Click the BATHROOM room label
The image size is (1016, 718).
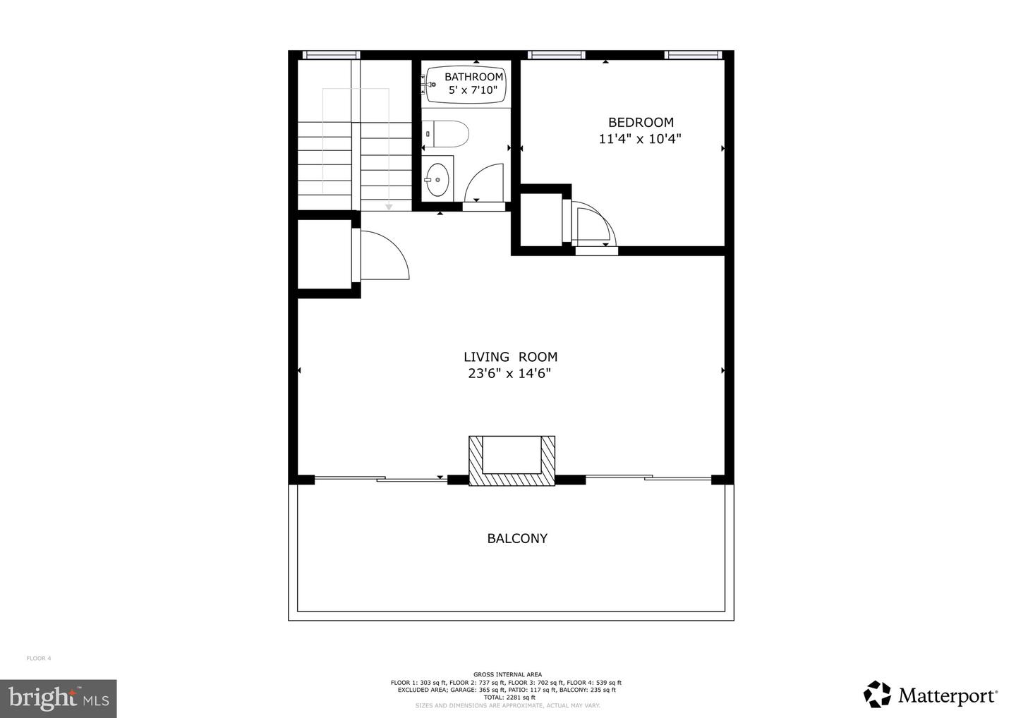(473, 77)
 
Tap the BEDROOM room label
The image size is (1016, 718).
(641, 122)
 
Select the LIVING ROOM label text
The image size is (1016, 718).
(510, 357)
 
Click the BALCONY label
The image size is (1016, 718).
(517, 539)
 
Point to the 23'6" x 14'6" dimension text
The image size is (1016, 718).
(509, 374)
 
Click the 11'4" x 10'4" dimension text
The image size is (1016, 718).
(640, 139)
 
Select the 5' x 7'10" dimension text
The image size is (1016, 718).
(473, 90)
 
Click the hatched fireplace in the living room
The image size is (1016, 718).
(512, 462)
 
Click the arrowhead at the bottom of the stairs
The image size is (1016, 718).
(388, 206)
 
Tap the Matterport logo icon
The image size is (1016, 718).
(877, 694)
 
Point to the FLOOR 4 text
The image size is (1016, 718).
(39, 659)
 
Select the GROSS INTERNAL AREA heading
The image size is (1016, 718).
(507, 674)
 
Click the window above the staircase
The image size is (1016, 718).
(331, 55)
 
